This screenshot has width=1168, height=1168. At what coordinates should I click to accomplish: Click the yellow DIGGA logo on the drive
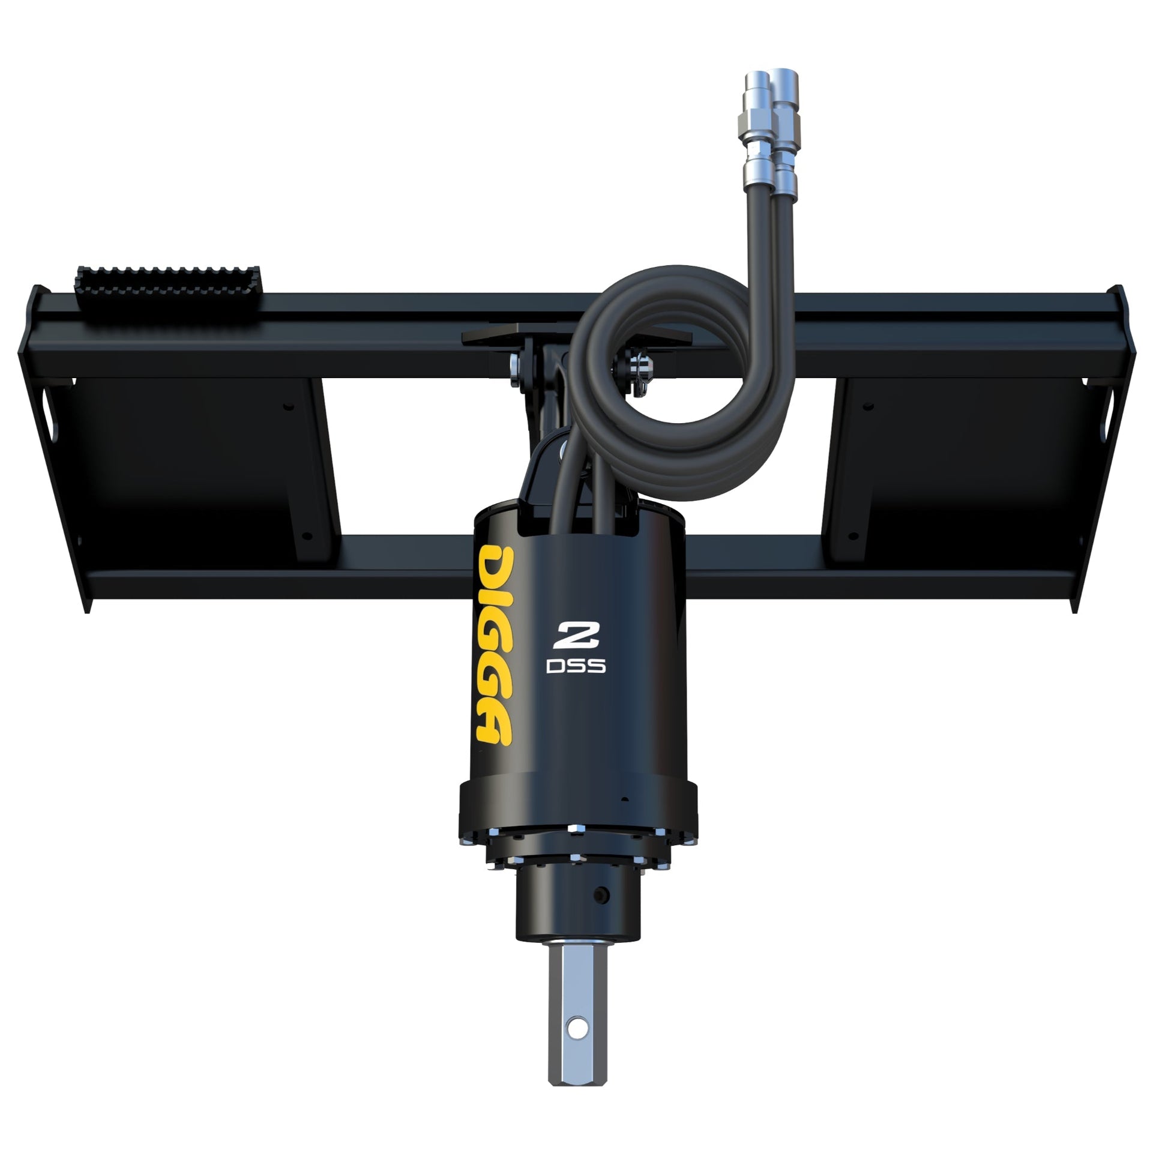coord(494,645)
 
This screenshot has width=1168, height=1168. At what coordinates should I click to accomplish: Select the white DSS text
coord(576,666)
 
